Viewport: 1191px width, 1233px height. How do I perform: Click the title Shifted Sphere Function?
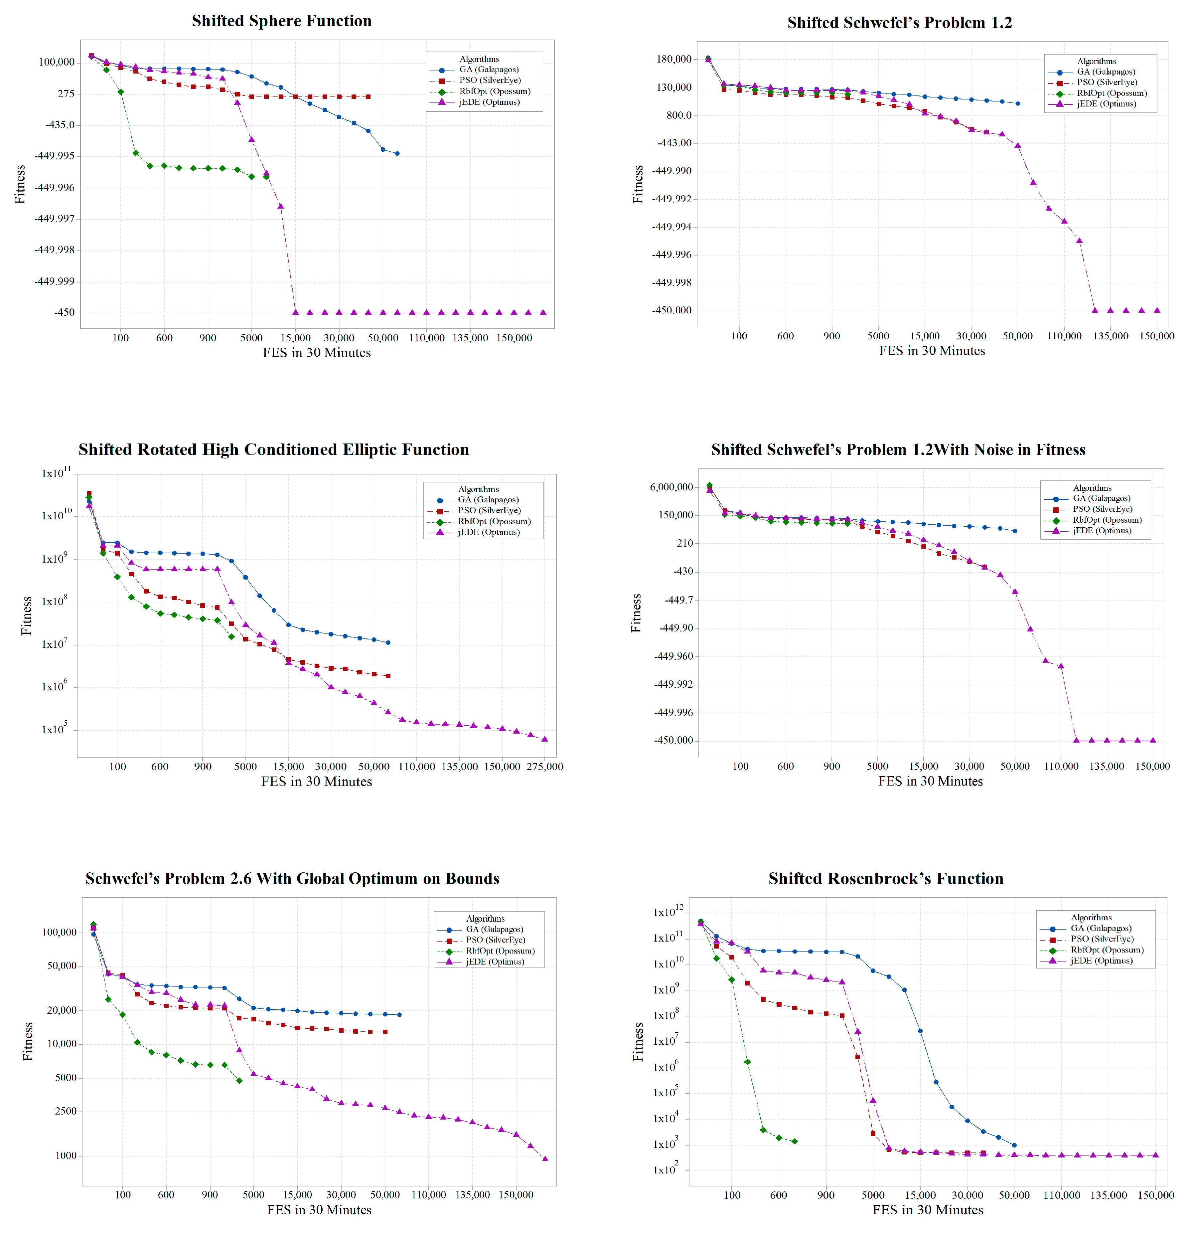click(282, 21)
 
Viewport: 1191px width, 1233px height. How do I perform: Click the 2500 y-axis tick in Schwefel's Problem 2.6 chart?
click(66, 1111)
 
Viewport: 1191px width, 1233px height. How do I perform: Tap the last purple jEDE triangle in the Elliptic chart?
click(544, 739)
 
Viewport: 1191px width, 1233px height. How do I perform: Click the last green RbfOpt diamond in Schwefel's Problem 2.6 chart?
click(239, 1081)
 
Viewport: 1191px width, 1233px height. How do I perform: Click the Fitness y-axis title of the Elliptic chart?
click(26, 615)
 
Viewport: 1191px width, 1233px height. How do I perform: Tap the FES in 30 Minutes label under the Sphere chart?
click(317, 352)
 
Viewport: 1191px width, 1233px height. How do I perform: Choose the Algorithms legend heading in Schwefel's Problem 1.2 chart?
click(1097, 61)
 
